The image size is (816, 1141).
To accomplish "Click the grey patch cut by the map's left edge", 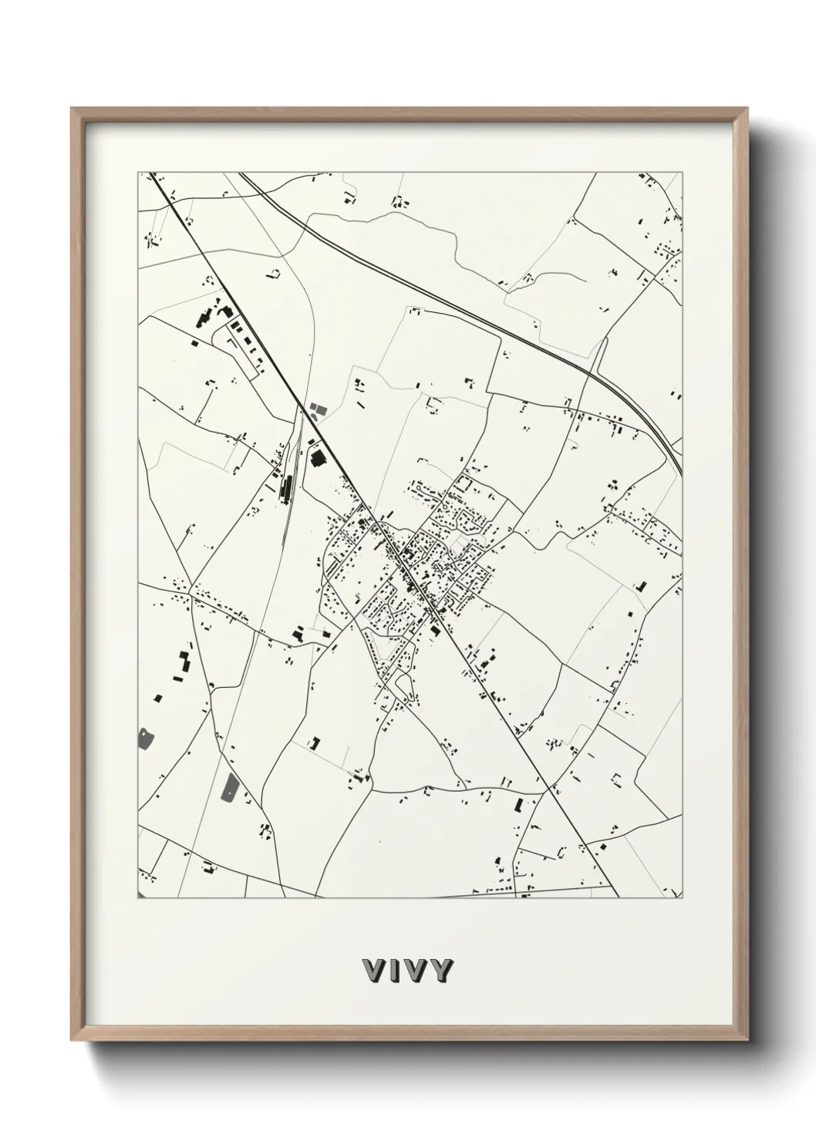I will [x=144, y=739].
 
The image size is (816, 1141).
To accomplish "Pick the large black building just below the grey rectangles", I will [x=316, y=458].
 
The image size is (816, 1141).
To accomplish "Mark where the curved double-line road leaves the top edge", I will [x=241, y=173].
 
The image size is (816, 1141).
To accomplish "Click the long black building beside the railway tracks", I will [x=287, y=486].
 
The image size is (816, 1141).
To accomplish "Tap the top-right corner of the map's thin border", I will [x=683, y=173].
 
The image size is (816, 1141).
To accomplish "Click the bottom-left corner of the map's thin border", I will [x=139, y=898].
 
